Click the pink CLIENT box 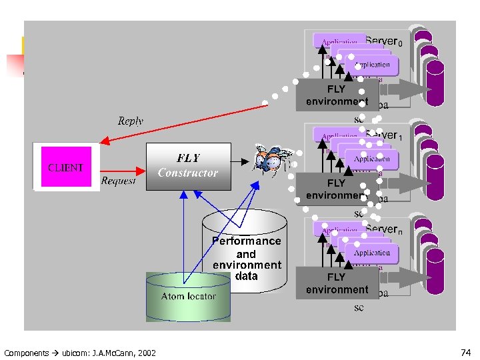click(x=65, y=167)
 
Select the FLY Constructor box click(x=188, y=166)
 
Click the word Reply click(x=131, y=121)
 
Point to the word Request click(x=118, y=181)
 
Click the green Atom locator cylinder click(x=188, y=297)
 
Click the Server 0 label click(x=384, y=41)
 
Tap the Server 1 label click(x=384, y=136)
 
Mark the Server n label click(x=384, y=230)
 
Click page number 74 click(x=465, y=352)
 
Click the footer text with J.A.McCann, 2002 click(x=80, y=353)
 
